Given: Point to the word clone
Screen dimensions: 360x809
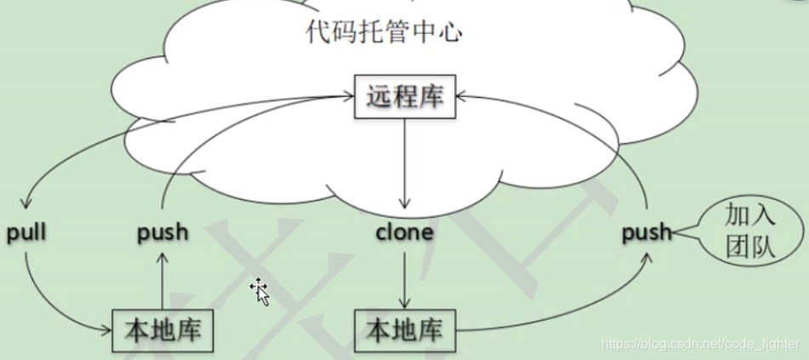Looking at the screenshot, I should tap(404, 231).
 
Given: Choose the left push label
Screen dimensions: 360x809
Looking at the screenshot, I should tap(162, 232).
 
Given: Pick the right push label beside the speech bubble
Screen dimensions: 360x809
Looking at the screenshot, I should tap(647, 232).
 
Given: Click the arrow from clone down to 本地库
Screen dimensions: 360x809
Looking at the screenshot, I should tap(404, 277).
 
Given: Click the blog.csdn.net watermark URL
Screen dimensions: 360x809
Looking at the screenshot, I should tap(700, 344).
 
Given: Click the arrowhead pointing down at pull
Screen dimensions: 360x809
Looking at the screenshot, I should tap(26, 205).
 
